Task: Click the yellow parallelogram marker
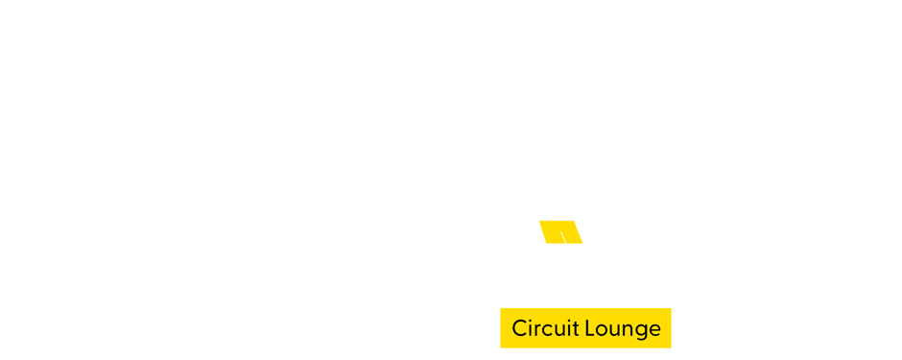[x=560, y=231]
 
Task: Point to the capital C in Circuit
[x=519, y=328]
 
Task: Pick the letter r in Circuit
[x=537, y=329]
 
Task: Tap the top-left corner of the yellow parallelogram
[x=538, y=221]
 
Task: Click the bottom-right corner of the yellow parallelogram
[x=583, y=243]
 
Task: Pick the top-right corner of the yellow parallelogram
[x=574, y=221]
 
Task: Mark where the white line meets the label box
[x=594, y=307]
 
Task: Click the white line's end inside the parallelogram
[x=562, y=232]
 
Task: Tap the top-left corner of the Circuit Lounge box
[x=501, y=308]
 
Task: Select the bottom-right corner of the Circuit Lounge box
[x=671, y=348]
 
